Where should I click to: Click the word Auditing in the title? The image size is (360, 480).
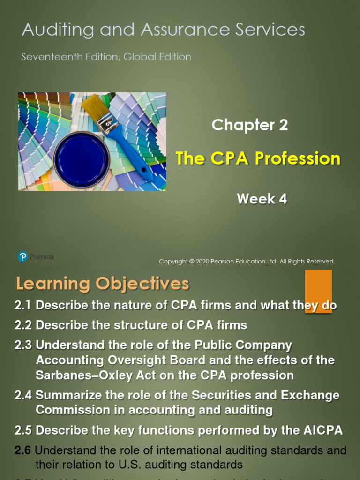(x=50, y=30)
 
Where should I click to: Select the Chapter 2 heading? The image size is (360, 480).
(x=249, y=125)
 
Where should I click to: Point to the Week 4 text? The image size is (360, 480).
(x=262, y=199)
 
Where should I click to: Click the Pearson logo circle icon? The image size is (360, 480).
(x=22, y=257)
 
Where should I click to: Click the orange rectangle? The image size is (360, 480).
(x=319, y=291)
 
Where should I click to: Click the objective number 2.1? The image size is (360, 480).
(x=22, y=306)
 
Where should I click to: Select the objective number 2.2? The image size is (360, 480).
(x=22, y=325)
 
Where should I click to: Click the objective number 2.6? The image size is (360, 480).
(x=22, y=451)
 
